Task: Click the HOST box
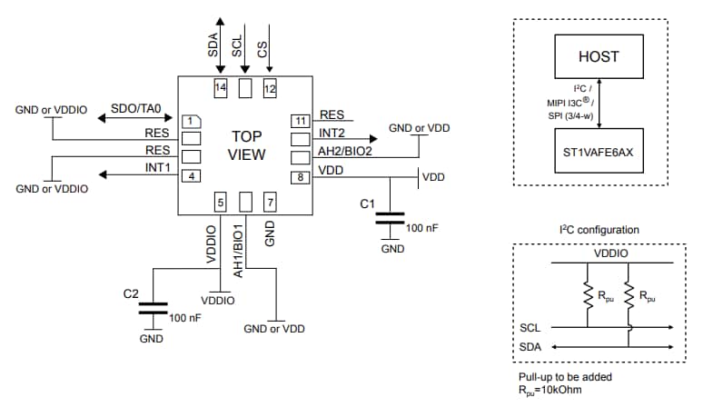[599, 56]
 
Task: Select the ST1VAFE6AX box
[599, 152]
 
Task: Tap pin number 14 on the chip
[220, 88]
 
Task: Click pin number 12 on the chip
[269, 88]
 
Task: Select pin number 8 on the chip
[299, 176]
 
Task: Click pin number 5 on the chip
[220, 200]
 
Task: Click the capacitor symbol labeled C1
[391, 218]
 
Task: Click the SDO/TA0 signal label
[136, 109]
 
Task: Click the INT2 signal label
[332, 133]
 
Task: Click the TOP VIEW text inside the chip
[245, 145]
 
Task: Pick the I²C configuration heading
[599, 230]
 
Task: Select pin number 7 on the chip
[269, 200]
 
